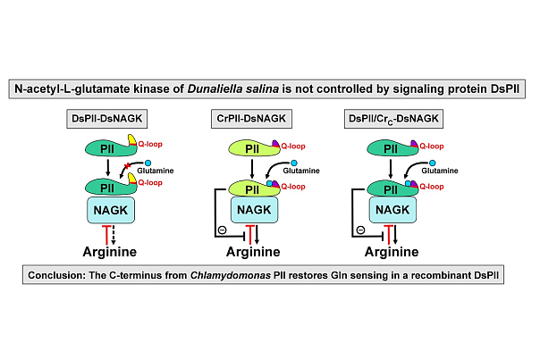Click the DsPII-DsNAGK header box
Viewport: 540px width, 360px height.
tap(109, 118)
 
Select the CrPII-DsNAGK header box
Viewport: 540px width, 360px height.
tap(250, 118)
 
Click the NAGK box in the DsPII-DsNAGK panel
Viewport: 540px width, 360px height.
tap(109, 210)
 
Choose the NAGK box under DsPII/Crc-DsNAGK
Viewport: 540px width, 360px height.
tap(391, 210)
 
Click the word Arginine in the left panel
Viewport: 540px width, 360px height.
tap(109, 252)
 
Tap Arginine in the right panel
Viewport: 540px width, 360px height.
tap(390, 252)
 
